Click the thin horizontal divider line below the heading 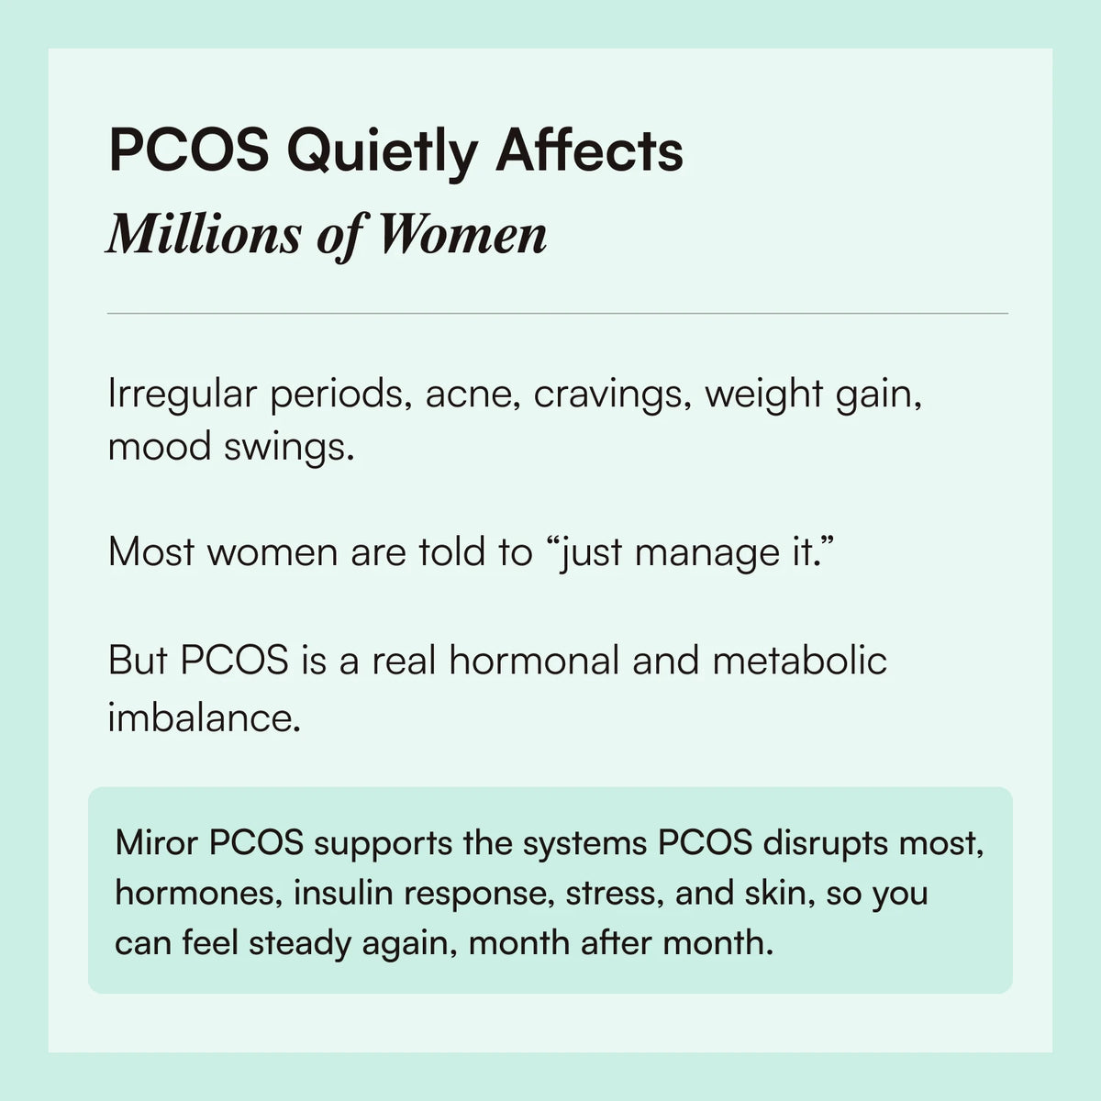click(x=557, y=314)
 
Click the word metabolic click(x=799, y=661)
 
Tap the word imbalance click(x=204, y=717)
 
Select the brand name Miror click(x=156, y=842)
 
